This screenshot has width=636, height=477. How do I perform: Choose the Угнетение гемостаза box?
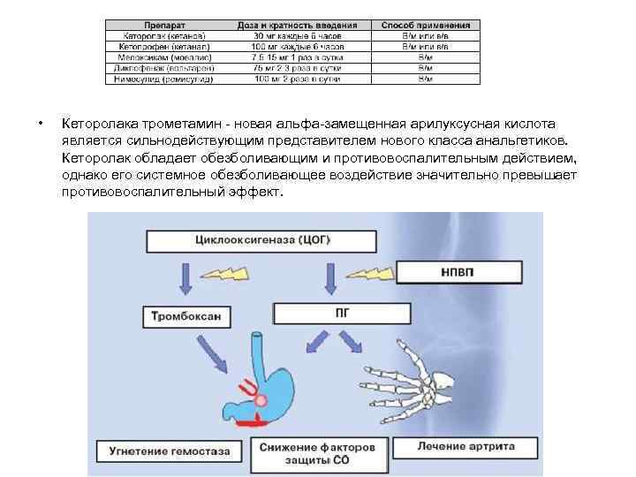coord(170,450)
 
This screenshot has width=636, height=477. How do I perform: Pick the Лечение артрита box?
coord(466,446)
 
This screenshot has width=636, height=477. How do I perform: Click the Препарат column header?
coord(159,26)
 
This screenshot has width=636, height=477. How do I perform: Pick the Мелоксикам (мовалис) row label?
coord(160,57)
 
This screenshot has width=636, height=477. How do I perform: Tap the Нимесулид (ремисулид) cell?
coord(159,79)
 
